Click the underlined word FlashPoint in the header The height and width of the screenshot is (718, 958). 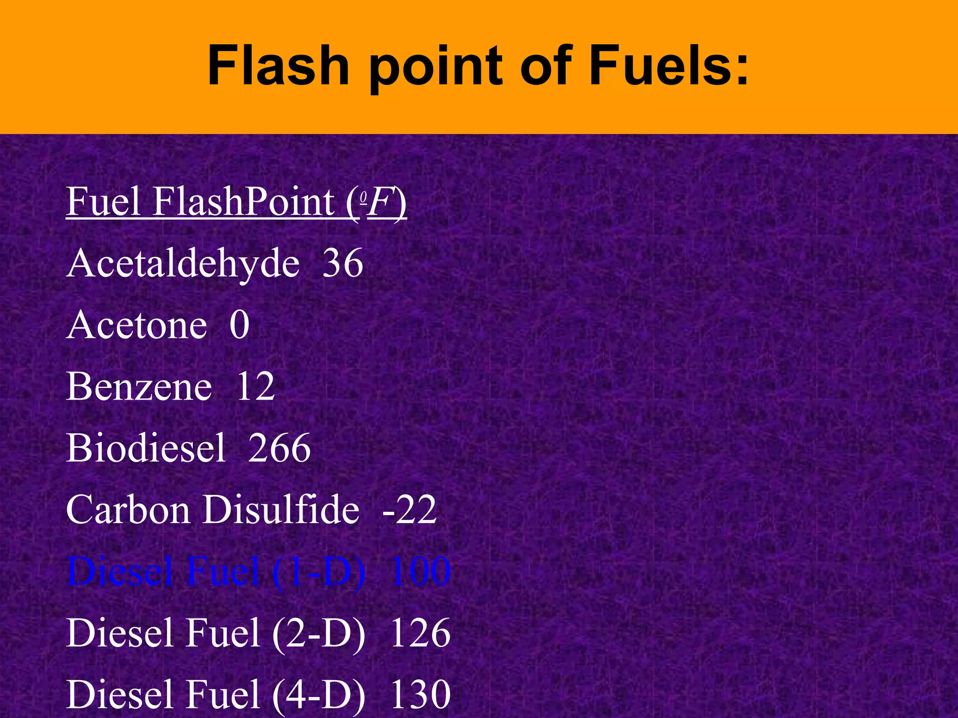(243, 202)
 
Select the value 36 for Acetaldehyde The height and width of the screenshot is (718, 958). (343, 263)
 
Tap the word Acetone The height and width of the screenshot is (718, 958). (137, 325)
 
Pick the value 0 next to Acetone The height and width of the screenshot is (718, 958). (239, 325)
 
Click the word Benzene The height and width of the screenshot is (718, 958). (139, 387)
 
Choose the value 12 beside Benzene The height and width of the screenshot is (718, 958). (255, 387)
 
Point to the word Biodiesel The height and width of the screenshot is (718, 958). (146, 448)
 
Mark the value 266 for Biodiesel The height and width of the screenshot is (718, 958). (279, 448)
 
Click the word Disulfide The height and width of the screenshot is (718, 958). (281, 510)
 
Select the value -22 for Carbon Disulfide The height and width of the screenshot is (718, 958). (410, 510)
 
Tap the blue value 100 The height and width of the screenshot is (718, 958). (420, 572)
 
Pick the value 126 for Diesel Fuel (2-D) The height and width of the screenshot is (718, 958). (420, 633)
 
